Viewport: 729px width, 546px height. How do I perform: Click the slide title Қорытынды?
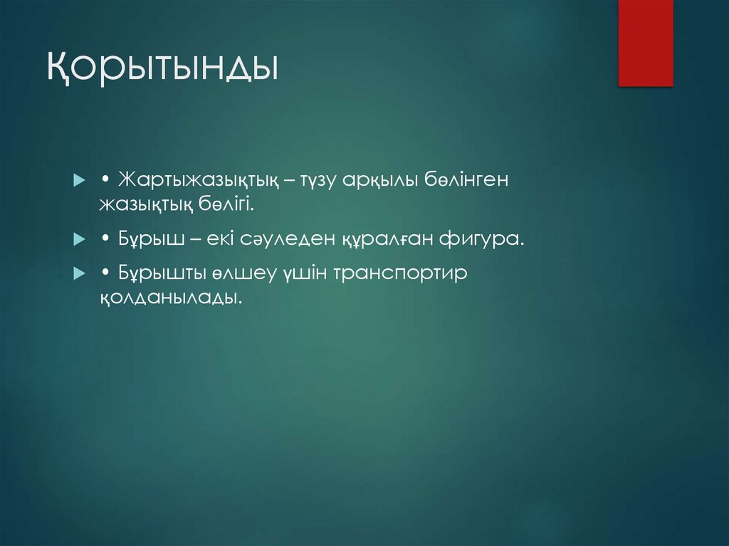click(162, 70)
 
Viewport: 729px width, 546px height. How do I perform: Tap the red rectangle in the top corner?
click(645, 43)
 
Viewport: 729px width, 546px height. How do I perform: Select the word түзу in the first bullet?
click(319, 181)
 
